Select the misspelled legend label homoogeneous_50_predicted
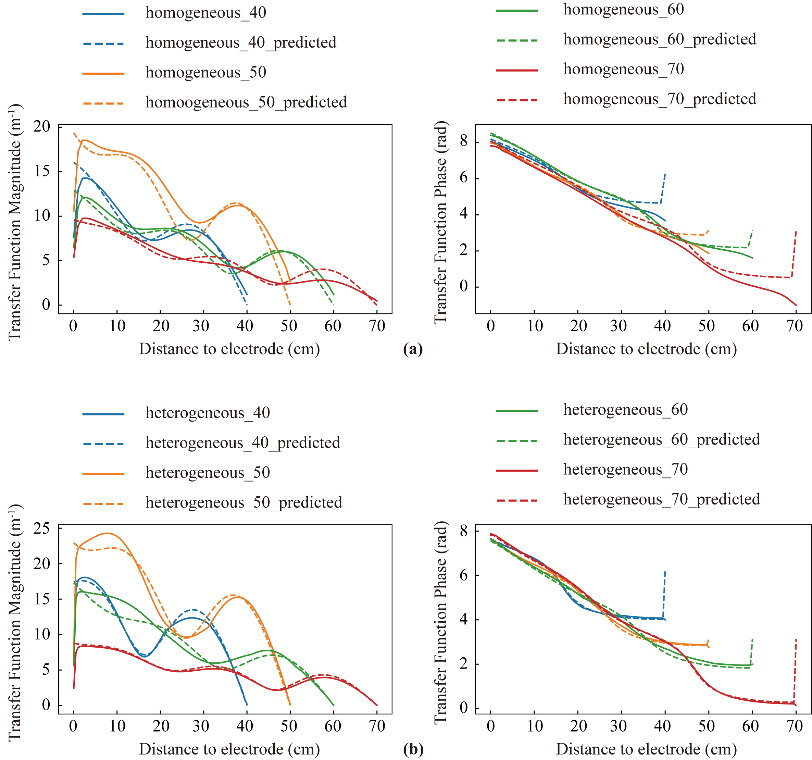point(246,102)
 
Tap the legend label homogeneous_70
point(623,70)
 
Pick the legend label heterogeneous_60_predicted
point(661,439)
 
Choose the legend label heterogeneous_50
point(208,473)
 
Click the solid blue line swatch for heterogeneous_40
point(103,414)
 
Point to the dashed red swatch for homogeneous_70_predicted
point(517,100)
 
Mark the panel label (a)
point(413,349)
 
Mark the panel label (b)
point(413,749)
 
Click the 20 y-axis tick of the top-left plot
point(42,127)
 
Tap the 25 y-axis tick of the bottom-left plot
point(42,528)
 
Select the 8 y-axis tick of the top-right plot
point(464,141)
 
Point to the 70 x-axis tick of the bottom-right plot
point(795,726)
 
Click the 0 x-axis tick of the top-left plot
point(74,326)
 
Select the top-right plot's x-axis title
point(646,349)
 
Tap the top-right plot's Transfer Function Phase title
point(441,223)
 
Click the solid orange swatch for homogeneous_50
point(103,74)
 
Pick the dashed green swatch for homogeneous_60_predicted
point(517,40)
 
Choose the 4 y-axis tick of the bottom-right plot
point(464,619)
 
